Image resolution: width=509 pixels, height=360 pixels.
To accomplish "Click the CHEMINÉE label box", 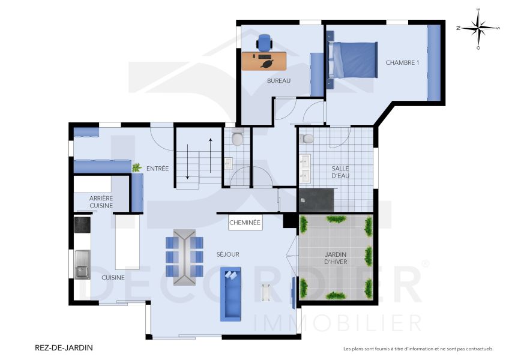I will pos(245,223).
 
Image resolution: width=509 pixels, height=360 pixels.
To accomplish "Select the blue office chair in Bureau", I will pos(264,42).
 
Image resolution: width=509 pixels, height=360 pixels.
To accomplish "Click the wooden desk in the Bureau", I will pos(265,61).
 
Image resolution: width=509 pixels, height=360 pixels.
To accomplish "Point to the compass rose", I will pos(478,28).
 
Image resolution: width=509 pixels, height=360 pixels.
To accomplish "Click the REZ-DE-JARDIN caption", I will pos(65,347).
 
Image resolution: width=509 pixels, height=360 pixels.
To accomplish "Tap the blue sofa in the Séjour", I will pos(230,293).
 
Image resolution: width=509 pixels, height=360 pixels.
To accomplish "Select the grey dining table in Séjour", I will pos(184,257).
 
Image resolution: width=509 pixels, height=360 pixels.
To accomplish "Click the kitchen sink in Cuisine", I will pos(82,265).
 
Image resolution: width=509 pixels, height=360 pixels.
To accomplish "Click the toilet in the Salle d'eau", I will pos(309,139).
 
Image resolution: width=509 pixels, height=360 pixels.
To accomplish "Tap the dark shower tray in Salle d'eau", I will pos(317,200).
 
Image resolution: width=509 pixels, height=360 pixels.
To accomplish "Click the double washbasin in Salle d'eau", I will pos(305,169).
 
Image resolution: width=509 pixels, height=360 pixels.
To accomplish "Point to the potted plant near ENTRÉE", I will pos(137,167).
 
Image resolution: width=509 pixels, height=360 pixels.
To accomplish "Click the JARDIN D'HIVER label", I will pos(336,258).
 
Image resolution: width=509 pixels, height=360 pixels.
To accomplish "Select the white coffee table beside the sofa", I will pos(266,293).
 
